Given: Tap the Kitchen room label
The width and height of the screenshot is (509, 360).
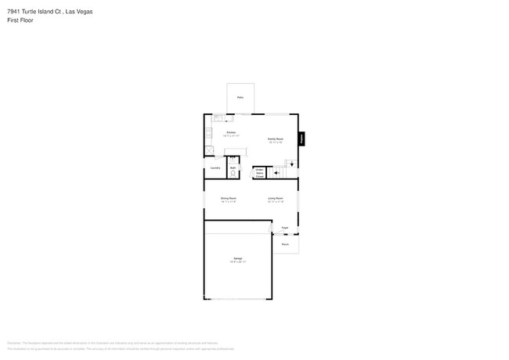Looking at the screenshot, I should (231, 133).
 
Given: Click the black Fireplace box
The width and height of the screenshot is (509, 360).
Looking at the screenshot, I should (301, 139).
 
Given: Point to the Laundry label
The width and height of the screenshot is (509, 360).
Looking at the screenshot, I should (213, 168).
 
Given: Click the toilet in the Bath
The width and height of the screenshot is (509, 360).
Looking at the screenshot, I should (233, 173).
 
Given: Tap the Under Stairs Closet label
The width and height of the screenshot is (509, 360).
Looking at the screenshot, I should (259, 172).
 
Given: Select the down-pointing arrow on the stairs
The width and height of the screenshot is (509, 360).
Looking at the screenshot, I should (291, 164).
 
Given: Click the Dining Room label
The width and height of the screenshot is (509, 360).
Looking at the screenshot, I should (228, 199).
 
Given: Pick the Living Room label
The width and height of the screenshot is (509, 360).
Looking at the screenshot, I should (275, 199).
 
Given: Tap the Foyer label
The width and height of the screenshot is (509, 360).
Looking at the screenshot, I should (285, 228).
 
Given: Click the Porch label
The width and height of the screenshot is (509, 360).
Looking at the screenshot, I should (285, 244).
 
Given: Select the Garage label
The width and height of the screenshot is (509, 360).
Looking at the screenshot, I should (237, 258).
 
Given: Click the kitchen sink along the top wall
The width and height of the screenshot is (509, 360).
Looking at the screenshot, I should (218, 118).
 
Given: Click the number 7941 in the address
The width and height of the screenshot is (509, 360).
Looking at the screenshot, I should (13, 11).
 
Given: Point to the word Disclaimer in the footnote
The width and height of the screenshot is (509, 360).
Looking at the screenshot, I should (14, 343).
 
